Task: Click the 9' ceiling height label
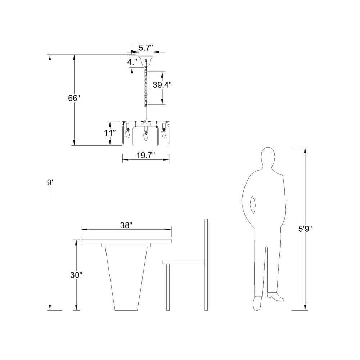coord(50,183)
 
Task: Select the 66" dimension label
coord(74,98)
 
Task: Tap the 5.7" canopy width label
coord(146,48)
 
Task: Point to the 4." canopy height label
coord(132,62)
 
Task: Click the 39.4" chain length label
coord(162,85)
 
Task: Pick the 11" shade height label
coord(110,133)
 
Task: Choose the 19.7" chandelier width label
coord(146,156)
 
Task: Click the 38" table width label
coord(126,225)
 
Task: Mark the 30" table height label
coord(76,275)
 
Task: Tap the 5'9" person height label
coord(305,229)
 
